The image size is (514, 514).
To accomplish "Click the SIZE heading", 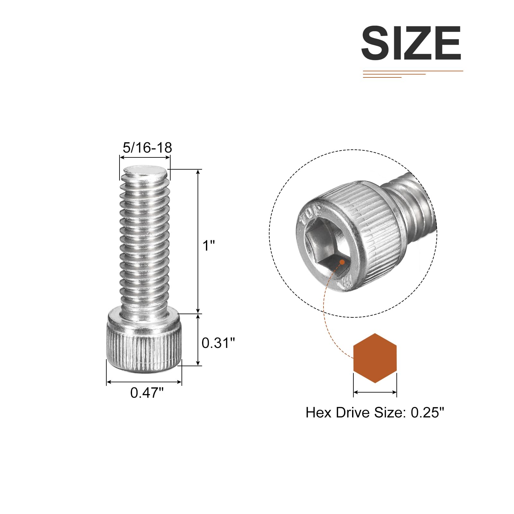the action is click(x=411, y=43).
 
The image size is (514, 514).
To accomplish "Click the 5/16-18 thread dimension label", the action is click(x=147, y=148).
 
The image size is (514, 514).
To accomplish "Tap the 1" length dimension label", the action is click(x=209, y=246).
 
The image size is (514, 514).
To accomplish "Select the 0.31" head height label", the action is click(x=218, y=343).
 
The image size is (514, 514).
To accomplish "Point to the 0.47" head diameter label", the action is click(x=147, y=393).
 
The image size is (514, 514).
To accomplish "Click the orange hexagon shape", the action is click(x=375, y=358).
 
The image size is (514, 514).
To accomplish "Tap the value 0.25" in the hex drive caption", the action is click(x=427, y=412).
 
